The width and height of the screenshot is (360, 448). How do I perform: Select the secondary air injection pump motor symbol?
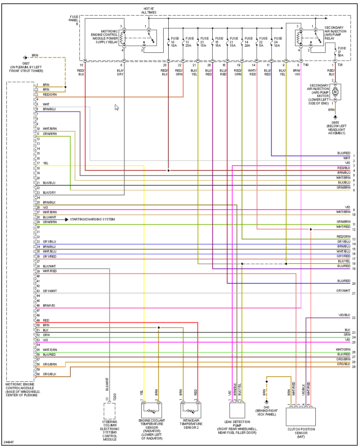(335, 92)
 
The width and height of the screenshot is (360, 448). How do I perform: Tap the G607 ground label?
(26, 63)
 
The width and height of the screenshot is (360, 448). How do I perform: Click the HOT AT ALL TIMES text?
(149, 10)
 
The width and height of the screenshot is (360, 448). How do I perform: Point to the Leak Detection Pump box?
(237, 410)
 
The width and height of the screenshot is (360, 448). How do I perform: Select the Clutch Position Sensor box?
(301, 417)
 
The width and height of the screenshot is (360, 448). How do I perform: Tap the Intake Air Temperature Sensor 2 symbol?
(191, 410)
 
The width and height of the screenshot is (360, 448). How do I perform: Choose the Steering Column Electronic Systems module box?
(110, 411)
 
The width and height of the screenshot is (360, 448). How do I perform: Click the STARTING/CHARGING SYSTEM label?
(92, 219)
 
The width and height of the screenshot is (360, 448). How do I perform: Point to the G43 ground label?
(266, 407)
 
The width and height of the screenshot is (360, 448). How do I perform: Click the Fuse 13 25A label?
(189, 42)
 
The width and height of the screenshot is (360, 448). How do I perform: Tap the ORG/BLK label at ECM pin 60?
(50, 374)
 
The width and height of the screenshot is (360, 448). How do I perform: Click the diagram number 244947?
(9, 442)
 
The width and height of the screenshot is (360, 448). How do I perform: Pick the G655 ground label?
(335, 123)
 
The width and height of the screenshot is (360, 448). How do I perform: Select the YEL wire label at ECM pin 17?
(46, 163)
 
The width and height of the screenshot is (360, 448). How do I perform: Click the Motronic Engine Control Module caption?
(22, 390)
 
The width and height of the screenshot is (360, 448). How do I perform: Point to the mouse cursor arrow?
(117, 107)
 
